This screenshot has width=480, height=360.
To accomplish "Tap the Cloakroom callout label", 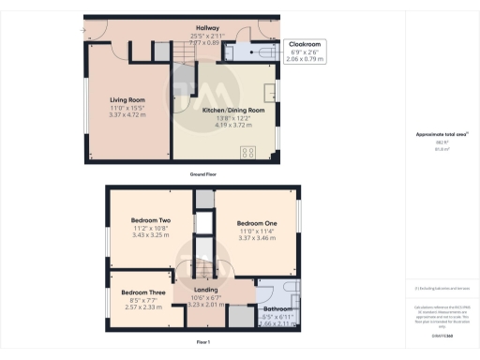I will [306, 44].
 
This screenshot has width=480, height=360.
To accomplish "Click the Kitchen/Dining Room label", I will [227, 110].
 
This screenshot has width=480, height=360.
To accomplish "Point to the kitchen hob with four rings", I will [250, 153].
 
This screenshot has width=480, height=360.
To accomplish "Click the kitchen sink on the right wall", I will [273, 92].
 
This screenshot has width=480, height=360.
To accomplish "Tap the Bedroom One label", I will [257, 221].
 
